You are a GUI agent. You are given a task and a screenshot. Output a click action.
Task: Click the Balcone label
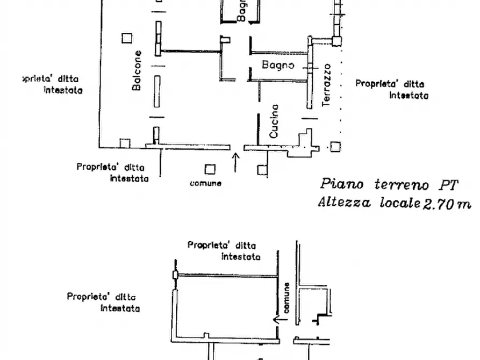pyautogui.click(x=138, y=70)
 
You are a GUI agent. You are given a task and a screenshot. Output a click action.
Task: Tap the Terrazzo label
pyautogui.click(x=327, y=84)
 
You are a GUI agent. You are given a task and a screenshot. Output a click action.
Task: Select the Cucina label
pyautogui.click(x=274, y=121)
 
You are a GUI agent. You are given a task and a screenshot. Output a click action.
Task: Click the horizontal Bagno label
pyautogui.click(x=278, y=65)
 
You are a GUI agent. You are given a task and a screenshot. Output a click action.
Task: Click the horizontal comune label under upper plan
pyautogui.click(x=205, y=183)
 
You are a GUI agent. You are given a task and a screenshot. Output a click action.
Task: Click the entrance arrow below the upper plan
pyautogui.click(x=235, y=162)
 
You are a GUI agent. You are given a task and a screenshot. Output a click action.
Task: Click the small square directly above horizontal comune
pyautogui.click(x=210, y=169)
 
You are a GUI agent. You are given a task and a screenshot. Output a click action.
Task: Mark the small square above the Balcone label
pyautogui.click(x=126, y=38)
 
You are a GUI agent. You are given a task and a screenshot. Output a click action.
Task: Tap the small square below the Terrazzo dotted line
pyautogui.click(x=335, y=146)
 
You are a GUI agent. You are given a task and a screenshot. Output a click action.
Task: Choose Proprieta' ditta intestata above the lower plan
pyautogui.click(x=225, y=251)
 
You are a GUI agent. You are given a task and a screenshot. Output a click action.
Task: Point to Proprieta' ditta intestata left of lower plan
pyautogui.click(x=104, y=302)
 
